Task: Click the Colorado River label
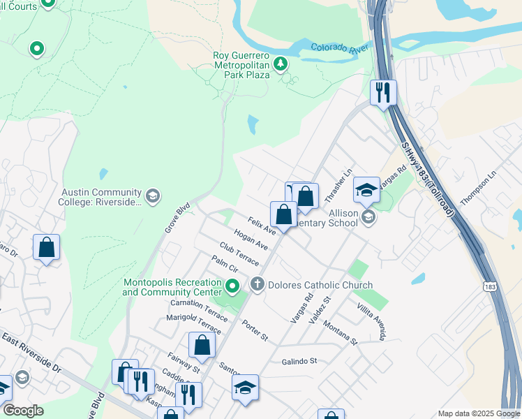tap(339, 49)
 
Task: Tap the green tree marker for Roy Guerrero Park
tap(280, 65)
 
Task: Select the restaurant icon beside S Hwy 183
tap(382, 92)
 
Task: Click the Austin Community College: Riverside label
tap(102, 197)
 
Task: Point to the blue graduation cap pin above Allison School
tap(366, 189)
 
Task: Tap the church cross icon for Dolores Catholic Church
tap(258, 284)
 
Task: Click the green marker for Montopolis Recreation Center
tap(234, 286)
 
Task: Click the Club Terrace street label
tap(239, 254)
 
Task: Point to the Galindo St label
tap(299, 361)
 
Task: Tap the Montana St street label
tap(340, 336)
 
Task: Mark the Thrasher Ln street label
tap(345, 182)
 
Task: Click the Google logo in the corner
tap(23, 411)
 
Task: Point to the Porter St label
tap(255, 330)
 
